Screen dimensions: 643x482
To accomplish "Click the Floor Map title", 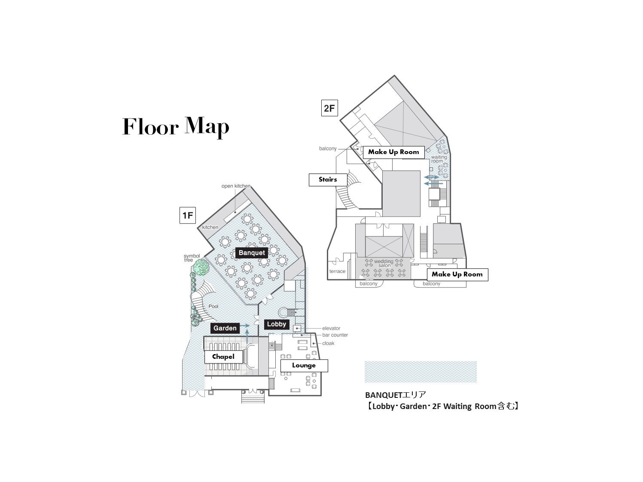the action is [x=176, y=127].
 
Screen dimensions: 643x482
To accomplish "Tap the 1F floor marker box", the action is [x=187, y=215].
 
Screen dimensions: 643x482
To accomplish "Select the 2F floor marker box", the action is [x=329, y=108].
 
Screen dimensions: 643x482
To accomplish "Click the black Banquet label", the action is [x=251, y=253].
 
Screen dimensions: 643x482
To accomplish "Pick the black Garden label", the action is [x=225, y=328].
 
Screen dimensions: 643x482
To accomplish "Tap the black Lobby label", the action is [x=277, y=324].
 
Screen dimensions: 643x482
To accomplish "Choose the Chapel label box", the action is [x=223, y=357].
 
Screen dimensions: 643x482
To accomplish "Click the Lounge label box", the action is [x=304, y=366].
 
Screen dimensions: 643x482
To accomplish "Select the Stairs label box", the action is [x=328, y=180].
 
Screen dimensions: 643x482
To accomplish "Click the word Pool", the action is [x=213, y=306].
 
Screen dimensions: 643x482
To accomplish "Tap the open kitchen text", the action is [x=236, y=186].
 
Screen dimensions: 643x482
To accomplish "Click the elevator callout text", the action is [x=331, y=328].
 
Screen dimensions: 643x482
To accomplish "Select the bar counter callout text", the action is [x=335, y=335].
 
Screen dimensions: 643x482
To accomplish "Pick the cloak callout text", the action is [x=328, y=343].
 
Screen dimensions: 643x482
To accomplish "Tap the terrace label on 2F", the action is [x=337, y=271].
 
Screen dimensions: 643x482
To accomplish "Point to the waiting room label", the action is [x=439, y=159].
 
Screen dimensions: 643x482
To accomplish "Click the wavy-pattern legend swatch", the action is [x=421, y=372].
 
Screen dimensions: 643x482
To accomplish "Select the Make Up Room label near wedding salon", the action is [x=457, y=275].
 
